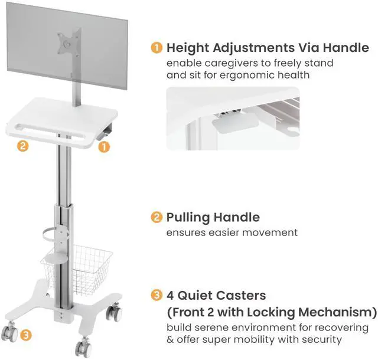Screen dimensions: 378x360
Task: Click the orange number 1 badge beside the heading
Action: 157,48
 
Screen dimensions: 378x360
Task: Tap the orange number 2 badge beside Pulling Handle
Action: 157,218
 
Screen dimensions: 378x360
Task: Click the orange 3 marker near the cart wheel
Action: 25,335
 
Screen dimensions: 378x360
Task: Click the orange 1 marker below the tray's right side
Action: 104,146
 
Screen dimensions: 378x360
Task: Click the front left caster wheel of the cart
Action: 8,333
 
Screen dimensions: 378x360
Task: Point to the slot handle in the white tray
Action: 53,129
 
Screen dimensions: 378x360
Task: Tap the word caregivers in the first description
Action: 226,63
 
